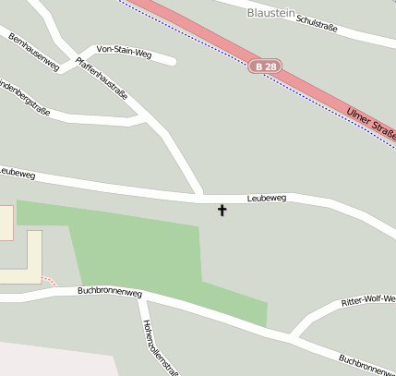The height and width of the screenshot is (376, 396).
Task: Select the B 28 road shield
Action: tap(264, 67)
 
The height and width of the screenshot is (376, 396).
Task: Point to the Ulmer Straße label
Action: tap(370, 123)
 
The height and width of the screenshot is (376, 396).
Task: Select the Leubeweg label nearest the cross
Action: tap(267, 198)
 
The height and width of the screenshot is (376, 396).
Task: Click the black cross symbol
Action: tap(222, 211)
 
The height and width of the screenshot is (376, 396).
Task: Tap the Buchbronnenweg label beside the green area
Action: tap(109, 291)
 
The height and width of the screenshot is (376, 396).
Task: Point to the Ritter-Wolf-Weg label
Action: tap(367, 301)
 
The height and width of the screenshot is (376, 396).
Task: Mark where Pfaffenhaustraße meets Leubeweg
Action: tap(200, 197)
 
